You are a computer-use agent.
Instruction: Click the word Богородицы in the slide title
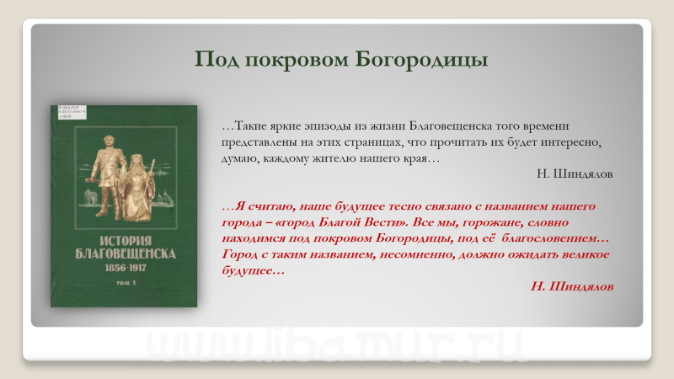coord(421,60)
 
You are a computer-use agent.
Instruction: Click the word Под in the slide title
coord(217,59)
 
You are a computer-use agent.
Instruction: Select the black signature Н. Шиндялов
coord(575,174)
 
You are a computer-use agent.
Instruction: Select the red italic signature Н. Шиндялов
coord(572,286)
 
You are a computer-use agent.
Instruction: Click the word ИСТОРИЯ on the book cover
coord(126,241)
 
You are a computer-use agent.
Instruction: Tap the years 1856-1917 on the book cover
coord(126,268)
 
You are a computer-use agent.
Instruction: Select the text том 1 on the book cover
coord(126,283)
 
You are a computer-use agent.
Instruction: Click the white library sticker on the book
coord(72,112)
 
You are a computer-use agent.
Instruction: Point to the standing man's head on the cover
coord(109,141)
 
